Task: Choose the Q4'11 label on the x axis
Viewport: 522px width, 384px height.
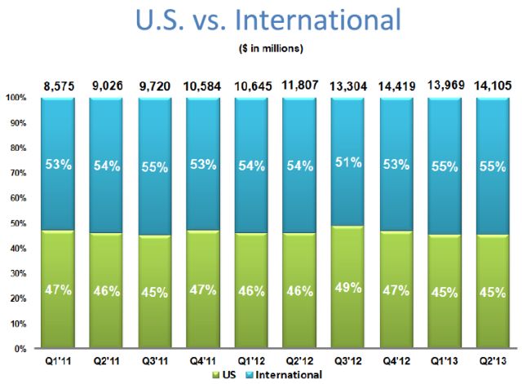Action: [202, 360]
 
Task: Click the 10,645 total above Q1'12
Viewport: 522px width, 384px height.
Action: [250, 82]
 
